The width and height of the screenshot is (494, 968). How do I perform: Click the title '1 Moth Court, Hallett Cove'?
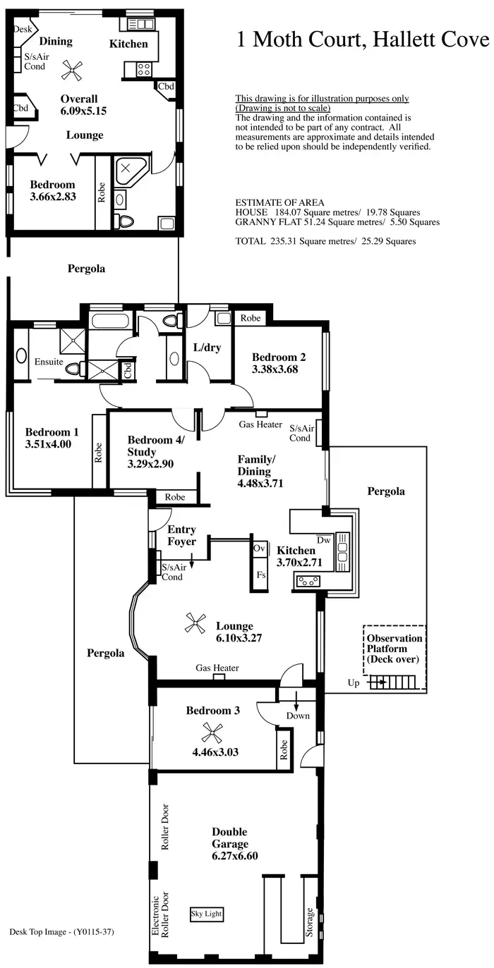click(x=363, y=39)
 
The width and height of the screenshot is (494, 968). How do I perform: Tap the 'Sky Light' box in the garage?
click(x=207, y=914)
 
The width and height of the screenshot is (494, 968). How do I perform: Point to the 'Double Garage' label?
click(x=230, y=838)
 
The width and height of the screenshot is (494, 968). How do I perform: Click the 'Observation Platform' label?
click(x=394, y=649)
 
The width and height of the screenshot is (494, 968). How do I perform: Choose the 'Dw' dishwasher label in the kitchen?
click(x=324, y=539)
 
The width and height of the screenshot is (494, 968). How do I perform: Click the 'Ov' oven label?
click(x=260, y=547)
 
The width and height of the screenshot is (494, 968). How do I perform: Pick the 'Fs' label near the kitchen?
click(x=261, y=575)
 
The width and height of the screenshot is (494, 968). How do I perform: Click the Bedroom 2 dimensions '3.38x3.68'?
click(x=276, y=368)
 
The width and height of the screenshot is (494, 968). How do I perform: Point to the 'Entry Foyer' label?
click(x=181, y=535)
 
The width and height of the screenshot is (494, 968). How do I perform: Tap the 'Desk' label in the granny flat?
click(x=23, y=30)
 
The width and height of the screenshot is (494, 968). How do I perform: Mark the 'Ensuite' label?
click(x=49, y=362)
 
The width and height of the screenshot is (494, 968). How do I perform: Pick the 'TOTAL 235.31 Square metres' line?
click(x=325, y=241)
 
